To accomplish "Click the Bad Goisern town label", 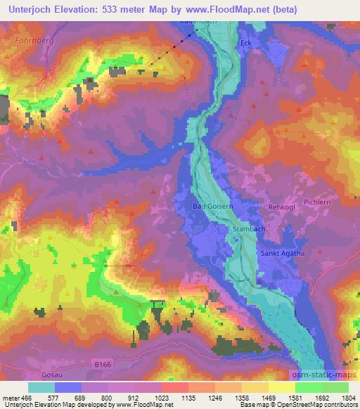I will pyautogui.click(x=212, y=207).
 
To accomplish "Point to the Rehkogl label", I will pyautogui.click(x=279, y=207).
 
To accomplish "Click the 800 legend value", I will pyautogui.click(x=105, y=397).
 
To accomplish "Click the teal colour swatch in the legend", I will pyautogui.click(x=41, y=387).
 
